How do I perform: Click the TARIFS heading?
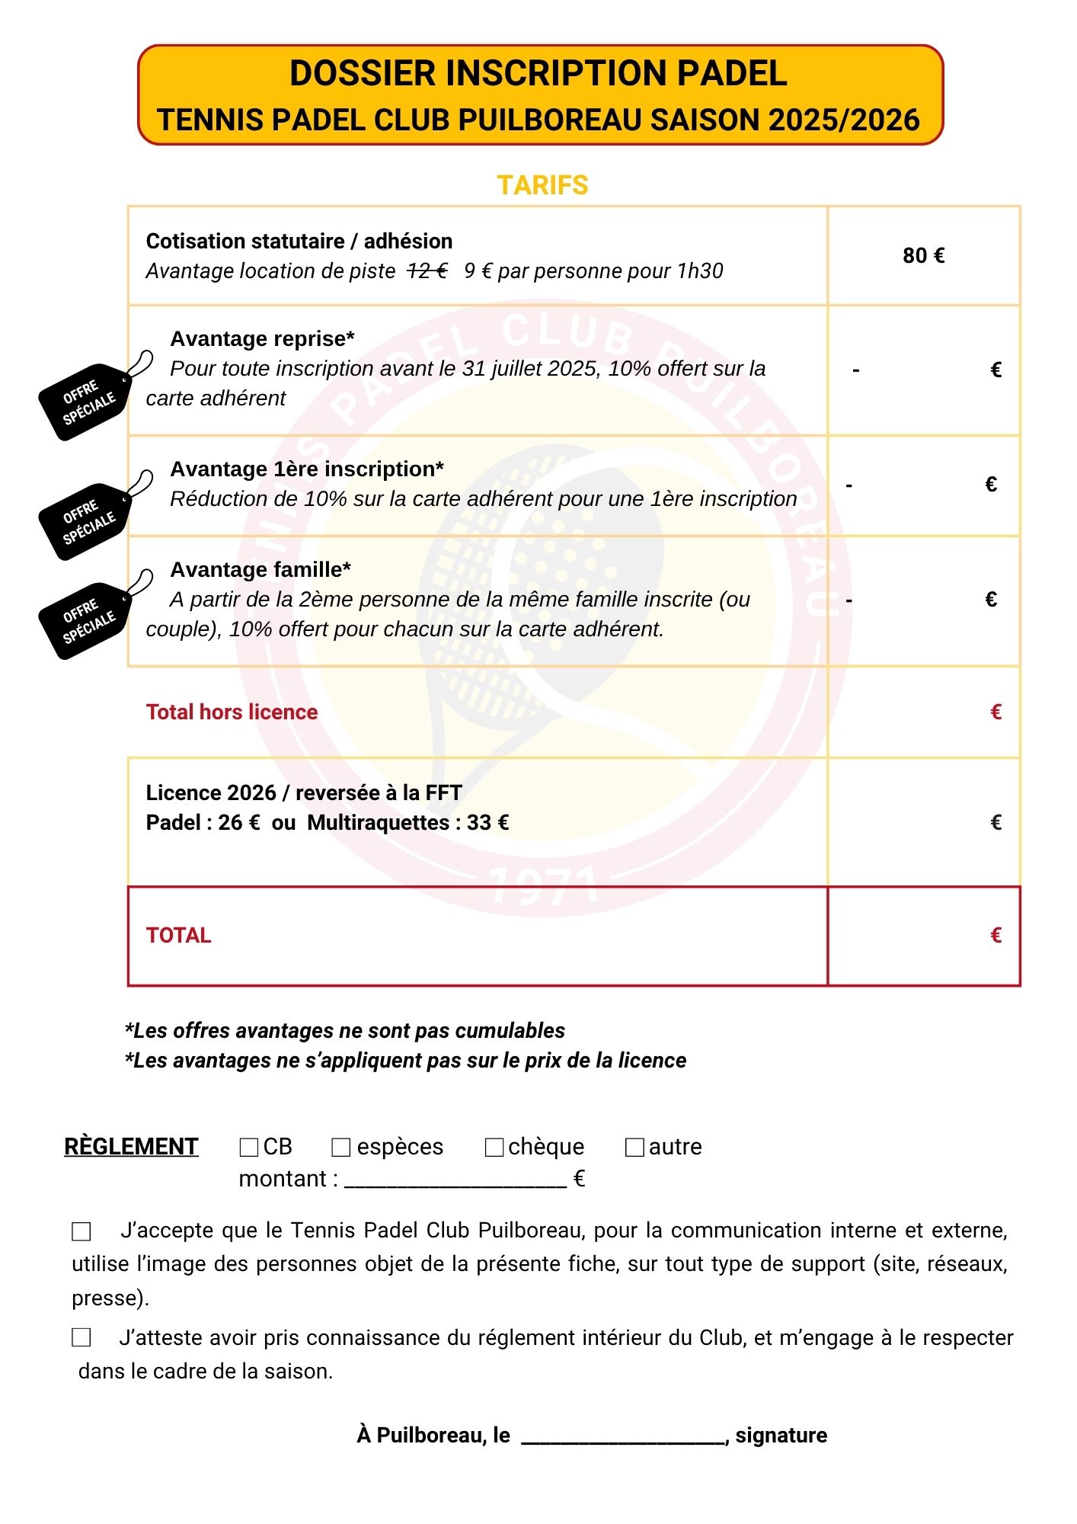(542, 185)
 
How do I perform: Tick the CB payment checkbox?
(248, 1147)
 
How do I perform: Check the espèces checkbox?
(340, 1147)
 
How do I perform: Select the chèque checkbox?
(494, 1147)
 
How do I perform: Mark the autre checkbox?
(634, 1147)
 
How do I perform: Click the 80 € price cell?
(923, 256)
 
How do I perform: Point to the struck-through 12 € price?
(427, 271)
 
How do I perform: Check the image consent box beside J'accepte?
(81, 1231)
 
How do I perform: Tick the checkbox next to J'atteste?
(81, 1337)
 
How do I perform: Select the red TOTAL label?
(178, 936)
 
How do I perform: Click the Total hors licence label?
(232, 712)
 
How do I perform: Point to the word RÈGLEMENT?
(131, 1147)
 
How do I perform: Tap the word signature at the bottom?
(781, 1436)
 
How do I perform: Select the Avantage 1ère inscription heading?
(307, 469)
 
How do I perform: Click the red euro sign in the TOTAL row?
(996, 936)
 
